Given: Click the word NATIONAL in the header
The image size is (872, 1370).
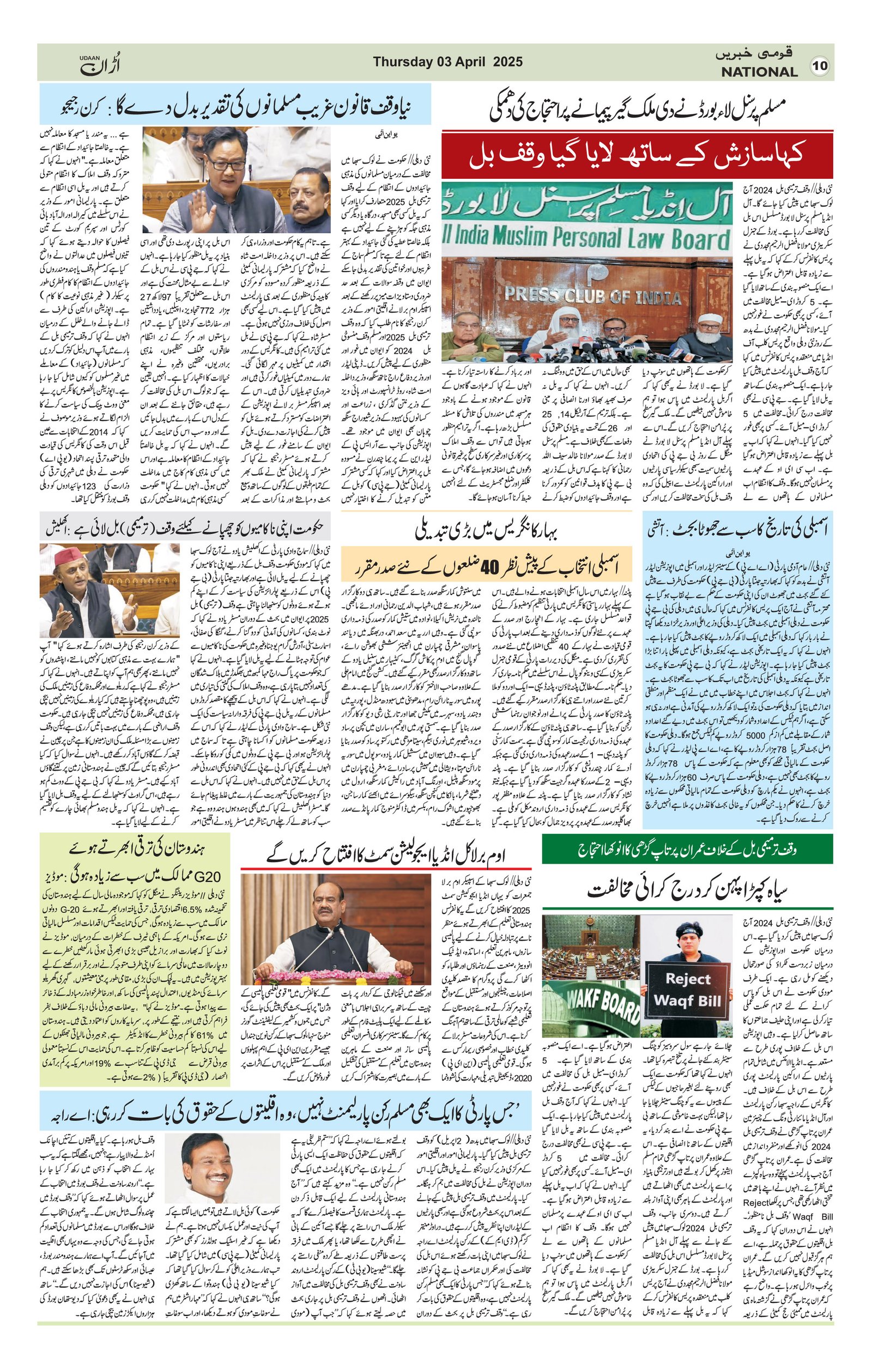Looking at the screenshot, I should [759, 72].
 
